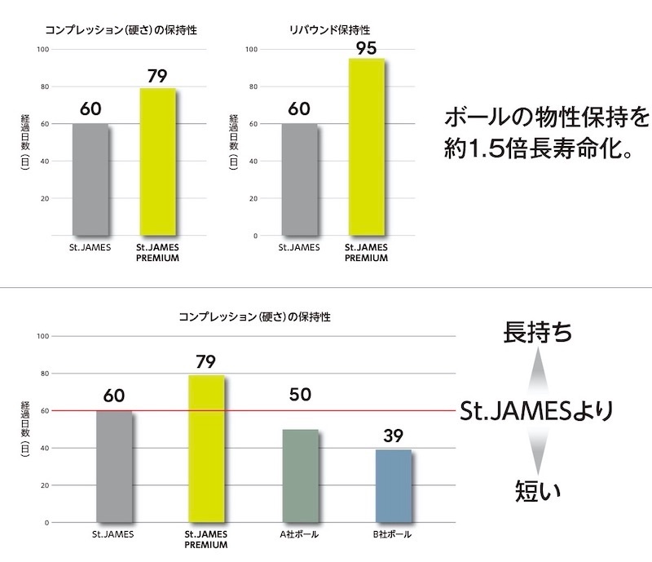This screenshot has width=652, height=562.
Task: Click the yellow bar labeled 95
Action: [366, 147]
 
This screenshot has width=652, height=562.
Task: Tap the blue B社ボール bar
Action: [393, 486]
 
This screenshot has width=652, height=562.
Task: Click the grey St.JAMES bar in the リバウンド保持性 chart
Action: [299, 179]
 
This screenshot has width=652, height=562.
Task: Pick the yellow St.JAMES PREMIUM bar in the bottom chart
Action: [206, 449]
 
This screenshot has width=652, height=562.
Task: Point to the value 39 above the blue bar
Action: [393, 435]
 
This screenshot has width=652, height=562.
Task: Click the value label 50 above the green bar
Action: [300, 396]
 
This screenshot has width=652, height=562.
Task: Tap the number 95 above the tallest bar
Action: [366, 46]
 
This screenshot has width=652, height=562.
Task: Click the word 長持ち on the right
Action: [537, 334]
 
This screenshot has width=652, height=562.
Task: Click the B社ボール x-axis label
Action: [392, 535]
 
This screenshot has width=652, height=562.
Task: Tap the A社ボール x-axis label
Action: [299, 535]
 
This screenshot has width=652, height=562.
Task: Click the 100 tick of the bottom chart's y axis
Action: [42, 336]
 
